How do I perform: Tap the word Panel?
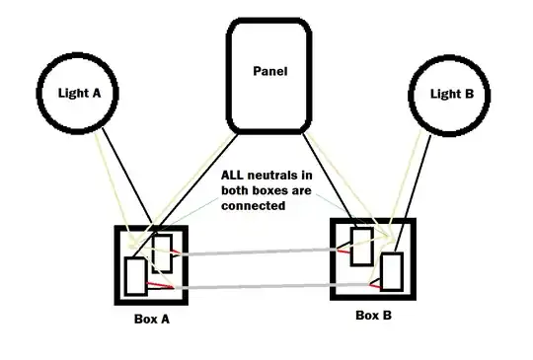(x=270, y=71)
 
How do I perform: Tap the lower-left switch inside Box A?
(x=135, y=276)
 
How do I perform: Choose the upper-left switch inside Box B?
(x=361, y=247)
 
